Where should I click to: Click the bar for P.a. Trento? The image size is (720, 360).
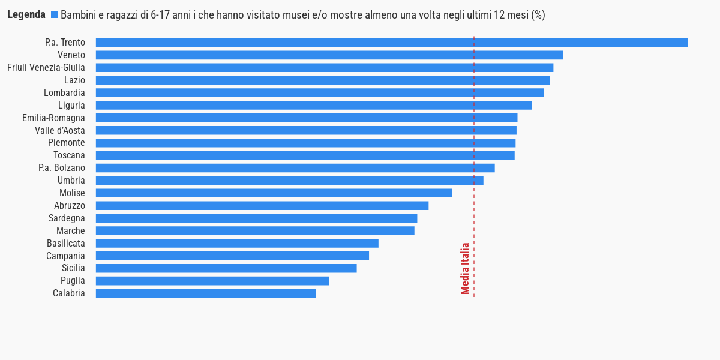(391, 43)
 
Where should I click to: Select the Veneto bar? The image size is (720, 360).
(329, 55)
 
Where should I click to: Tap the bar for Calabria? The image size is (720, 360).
(206, 293)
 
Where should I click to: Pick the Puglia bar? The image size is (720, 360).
(212, 281)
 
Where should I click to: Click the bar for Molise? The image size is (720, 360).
(274, 193)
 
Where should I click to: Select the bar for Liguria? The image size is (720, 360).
(313, 106)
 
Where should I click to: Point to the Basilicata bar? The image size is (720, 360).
(237, 243)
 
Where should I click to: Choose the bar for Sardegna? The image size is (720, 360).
(256, 218)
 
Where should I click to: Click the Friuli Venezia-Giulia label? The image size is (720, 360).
(46, 68)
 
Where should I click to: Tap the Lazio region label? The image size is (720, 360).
(74, 80)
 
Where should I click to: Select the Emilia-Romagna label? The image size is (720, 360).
(53, 118)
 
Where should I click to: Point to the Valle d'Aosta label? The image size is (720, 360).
(60, 131)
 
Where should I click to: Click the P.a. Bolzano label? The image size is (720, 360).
(62, 168)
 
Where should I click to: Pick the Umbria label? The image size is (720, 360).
(71, 181)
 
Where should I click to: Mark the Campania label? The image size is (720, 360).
(65, 256)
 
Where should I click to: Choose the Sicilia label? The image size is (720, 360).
(73, 268)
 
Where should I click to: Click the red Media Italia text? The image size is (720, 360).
(465, 268)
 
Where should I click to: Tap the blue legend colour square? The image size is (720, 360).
(55, 15)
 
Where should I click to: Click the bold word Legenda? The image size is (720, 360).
(26, 15)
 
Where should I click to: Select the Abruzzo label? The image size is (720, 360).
(70, 206)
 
